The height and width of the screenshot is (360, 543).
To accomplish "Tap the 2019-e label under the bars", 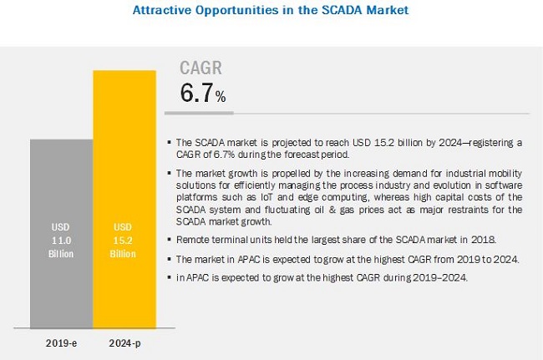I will coord(61,342).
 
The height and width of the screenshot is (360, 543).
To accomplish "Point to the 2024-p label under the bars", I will coord(124,342).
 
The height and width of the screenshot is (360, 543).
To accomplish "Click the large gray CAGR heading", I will coord(202,68).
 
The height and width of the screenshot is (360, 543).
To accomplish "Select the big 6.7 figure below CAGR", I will coord(196,94).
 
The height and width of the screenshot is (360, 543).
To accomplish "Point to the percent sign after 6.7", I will coord(221,98).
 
